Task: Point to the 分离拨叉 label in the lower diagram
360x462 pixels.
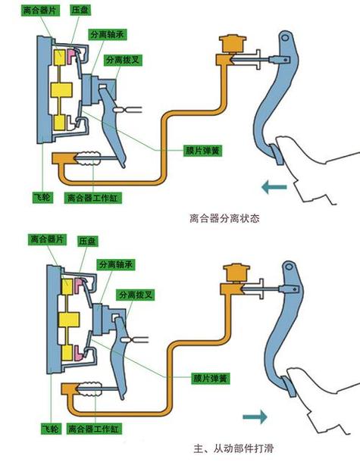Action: pos(132,292)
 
